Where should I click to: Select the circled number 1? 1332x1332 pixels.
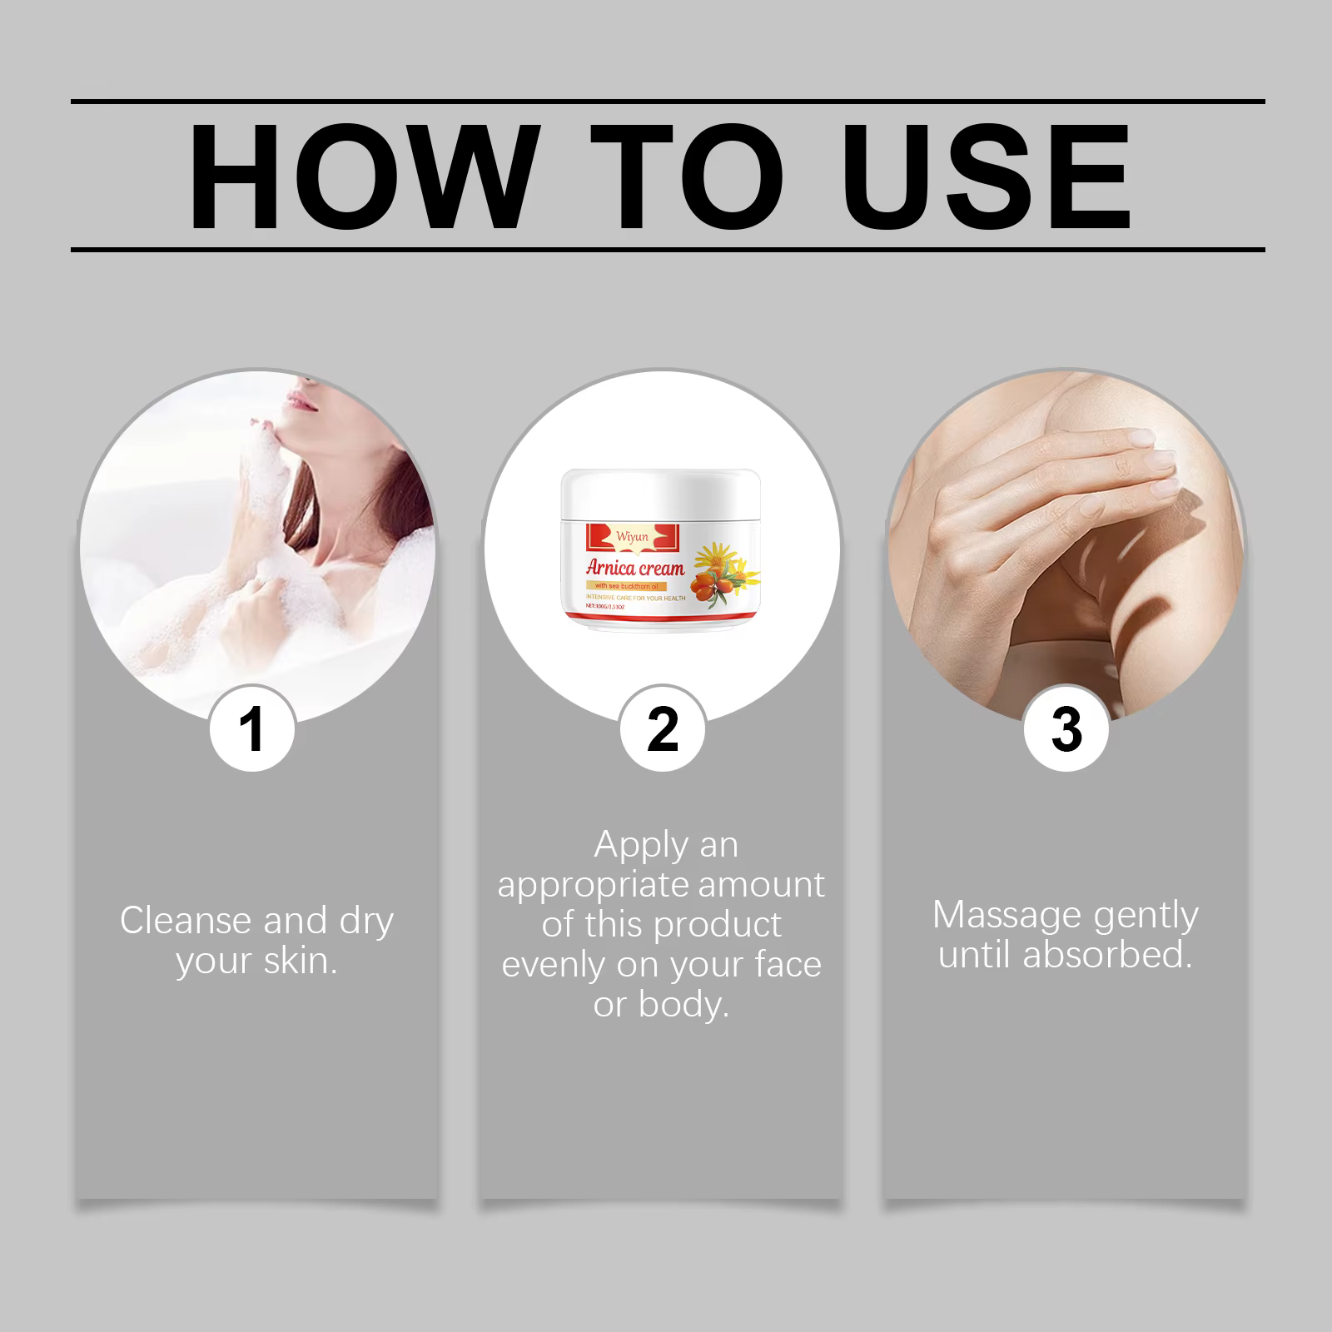tap(251, 729)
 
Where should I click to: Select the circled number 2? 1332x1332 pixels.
tap(663, 729)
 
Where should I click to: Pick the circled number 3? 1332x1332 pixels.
tap(1066, 729)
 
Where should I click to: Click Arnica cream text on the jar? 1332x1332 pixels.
tap(634, 569)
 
